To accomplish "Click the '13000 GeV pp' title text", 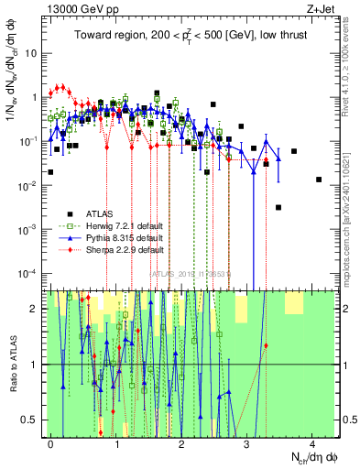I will [x=80, y=7].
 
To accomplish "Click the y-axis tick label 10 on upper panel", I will [x=32, y=52].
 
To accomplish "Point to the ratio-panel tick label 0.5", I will [x=30, y=420].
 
